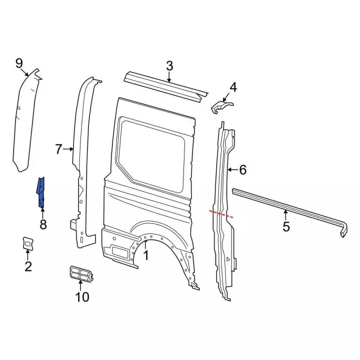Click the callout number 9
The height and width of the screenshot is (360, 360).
(19, 62)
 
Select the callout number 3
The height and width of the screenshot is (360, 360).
(169, 66)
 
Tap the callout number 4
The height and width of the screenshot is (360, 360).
(233, 87)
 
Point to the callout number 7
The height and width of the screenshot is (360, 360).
(58, 149)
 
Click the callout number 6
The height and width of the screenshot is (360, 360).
(242, 169)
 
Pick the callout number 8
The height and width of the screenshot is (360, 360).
(43, 226)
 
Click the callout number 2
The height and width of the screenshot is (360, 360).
(28, 266)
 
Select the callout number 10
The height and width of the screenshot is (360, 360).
(82, 296)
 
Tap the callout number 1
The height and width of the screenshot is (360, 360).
(146, 256)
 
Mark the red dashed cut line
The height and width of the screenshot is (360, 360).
(221, 213)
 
